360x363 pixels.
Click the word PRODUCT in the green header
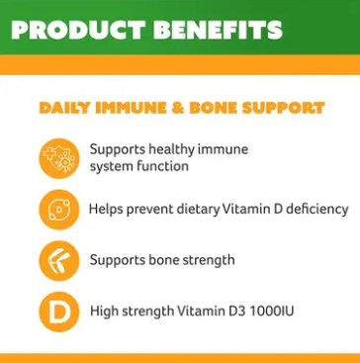point(81,29)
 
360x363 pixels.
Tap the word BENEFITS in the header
point(225,29)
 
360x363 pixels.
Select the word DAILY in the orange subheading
point(62,106)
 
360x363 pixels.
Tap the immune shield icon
point(58,157)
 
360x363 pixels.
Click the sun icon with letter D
point(58,209)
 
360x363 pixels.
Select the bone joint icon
point(58,260)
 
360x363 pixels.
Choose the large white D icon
point(58,312)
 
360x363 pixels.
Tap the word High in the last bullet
point(104,312)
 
